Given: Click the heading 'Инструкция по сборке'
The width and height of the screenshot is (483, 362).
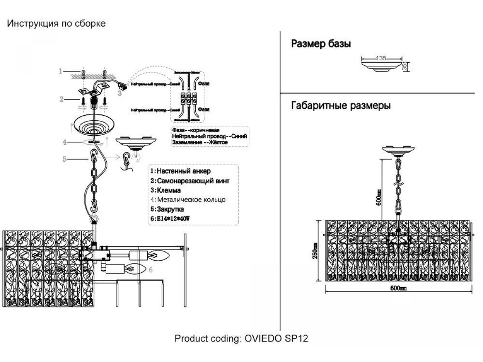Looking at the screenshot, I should (x=56, y=23).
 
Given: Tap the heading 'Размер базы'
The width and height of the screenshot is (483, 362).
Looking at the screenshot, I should (x=321, y=44).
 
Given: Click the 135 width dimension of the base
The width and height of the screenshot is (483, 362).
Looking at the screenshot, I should (x=381, y=58).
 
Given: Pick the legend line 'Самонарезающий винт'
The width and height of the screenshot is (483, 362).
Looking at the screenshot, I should (x=190, y=181).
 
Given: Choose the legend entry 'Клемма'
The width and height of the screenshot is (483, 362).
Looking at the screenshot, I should (x=165, y=190).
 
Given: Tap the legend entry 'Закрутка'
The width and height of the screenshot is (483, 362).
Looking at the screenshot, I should (x=167, y=210).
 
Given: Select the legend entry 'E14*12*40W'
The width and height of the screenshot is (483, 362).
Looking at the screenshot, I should (x=169, y=219).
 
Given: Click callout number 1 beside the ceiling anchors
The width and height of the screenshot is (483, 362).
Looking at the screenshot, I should (x=60, y=72).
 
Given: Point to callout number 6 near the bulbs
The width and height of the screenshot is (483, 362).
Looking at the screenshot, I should (x=151, y=270).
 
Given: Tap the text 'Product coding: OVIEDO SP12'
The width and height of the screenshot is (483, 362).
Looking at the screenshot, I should (x=241, y=338).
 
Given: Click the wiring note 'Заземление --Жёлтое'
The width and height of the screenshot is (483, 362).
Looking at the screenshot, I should (x=200, y=143).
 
